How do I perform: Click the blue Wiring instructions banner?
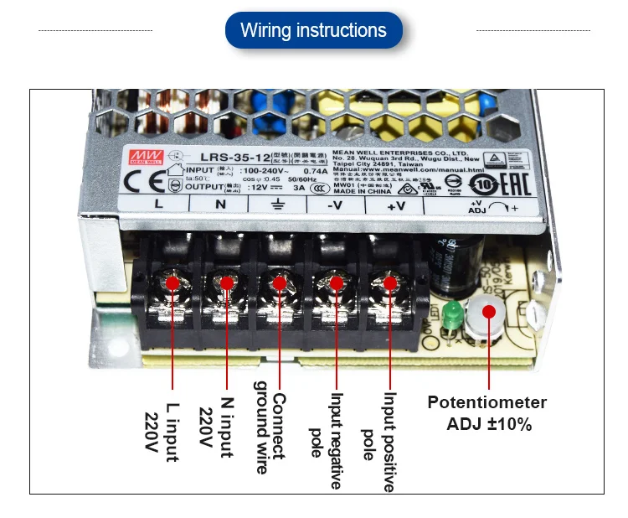313,31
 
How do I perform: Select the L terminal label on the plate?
160,204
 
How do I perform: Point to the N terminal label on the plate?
220,204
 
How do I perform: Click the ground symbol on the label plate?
277,204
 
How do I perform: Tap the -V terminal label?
333,204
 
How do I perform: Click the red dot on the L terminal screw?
172,283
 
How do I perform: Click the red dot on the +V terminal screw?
390,283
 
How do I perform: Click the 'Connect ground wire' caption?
270,433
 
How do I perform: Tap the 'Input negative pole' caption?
327,440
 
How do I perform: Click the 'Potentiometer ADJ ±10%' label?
487,413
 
